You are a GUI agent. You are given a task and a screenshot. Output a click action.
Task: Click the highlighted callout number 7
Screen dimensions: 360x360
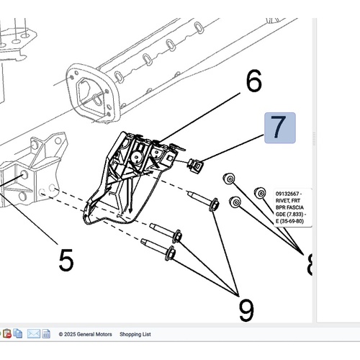pyautogui.click(x=280, y=127)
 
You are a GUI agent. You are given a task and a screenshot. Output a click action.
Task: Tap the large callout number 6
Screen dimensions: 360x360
pyautogui.click(x=254, y=81)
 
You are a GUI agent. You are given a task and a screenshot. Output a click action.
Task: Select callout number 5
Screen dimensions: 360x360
pyautogui.click(x=66, y=260)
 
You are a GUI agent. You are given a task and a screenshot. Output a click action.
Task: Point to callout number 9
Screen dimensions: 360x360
pyautogui.click(x=246, y=310)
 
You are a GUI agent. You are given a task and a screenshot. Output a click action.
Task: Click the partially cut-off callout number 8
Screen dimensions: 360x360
pyautogui.click(x=310, y=264)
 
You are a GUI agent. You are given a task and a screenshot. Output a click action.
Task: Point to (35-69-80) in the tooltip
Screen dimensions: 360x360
pyautogui.click(x=292, y=221)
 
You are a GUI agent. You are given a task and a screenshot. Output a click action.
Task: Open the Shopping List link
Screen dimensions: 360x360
pyautogui.click(x=135, y=334)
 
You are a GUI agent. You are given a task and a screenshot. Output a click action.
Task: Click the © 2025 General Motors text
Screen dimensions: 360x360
pyautogui.click(x=86, y=334)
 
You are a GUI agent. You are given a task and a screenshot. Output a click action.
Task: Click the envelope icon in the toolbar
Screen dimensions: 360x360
pyautogui.click(x=33, y=333)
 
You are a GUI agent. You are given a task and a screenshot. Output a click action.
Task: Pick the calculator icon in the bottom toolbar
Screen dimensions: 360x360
pyautogui.click(x=46, y=334)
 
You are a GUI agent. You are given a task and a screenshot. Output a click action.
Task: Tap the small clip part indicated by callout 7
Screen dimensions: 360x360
pyautogui.click(x=195, y=166)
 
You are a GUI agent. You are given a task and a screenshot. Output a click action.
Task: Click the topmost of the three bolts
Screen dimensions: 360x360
pyautogui.click(x=204, y=200)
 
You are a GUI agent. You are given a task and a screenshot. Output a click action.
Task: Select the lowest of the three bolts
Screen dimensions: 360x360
pyautogui.click(x=158, y=249)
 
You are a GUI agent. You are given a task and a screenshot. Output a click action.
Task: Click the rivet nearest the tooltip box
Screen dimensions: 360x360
pyautogui.click(x=260, y=193)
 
